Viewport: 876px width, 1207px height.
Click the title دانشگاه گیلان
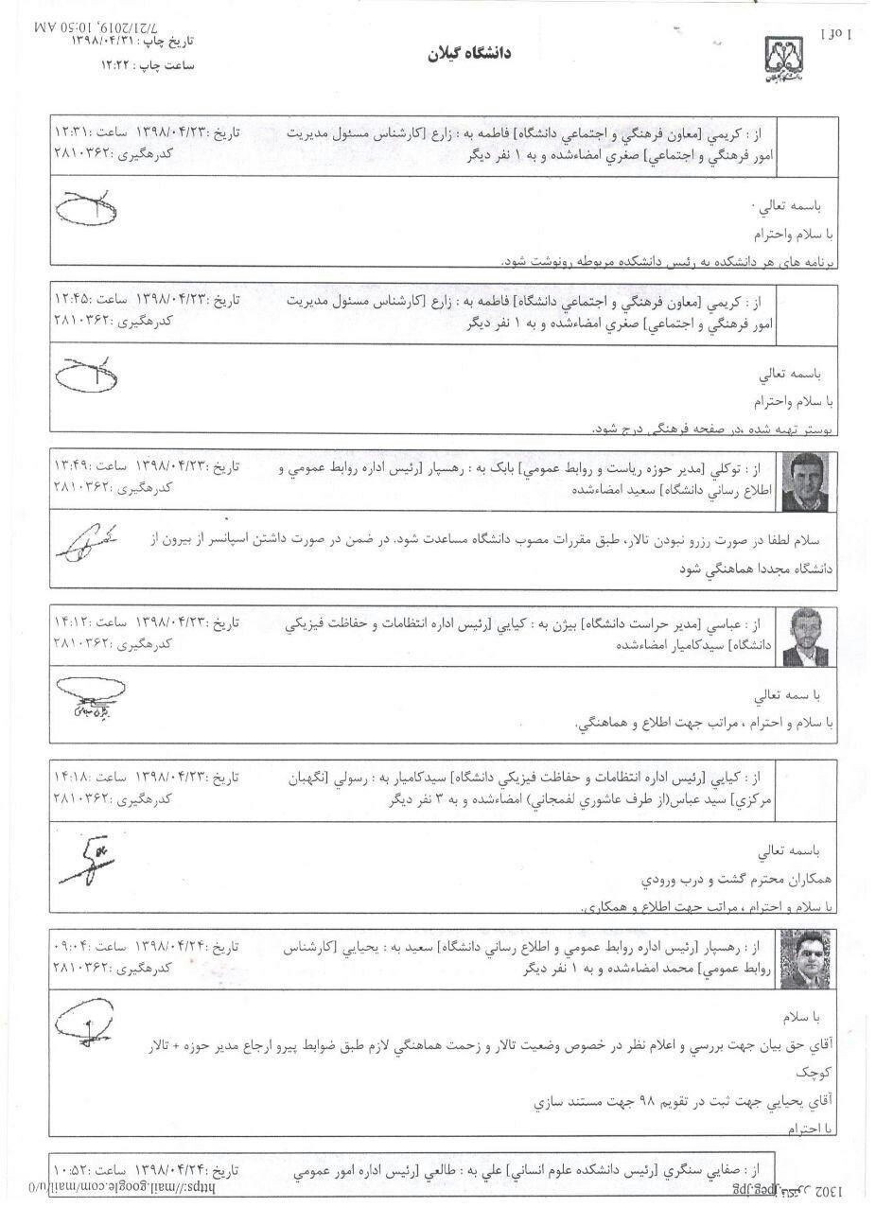[468, 53]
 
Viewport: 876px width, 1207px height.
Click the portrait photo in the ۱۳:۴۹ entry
[805, 481]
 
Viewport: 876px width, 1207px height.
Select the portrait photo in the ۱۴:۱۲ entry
[805, 638]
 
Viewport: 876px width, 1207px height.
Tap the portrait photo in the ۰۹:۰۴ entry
[805, 959]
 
